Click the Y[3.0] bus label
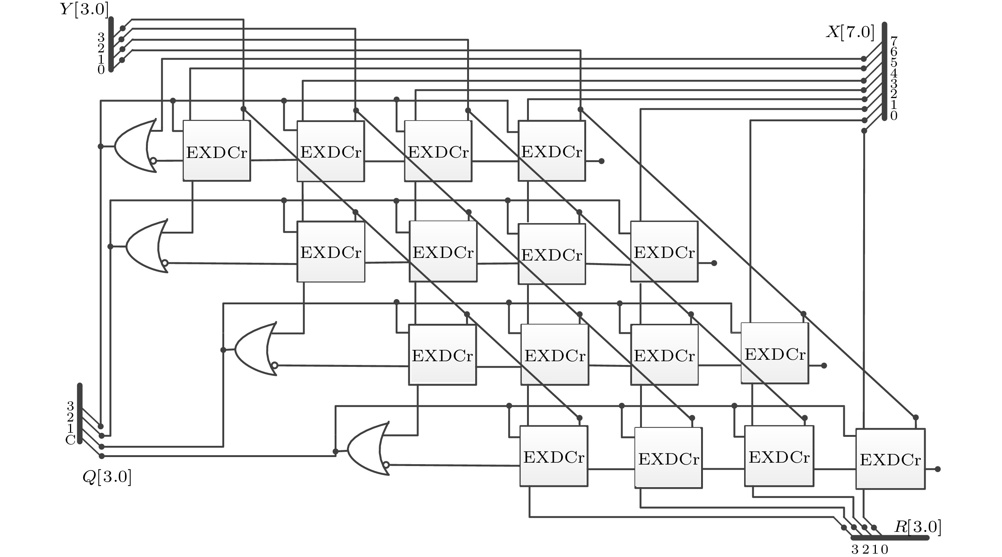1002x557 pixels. click(x=84, y=9)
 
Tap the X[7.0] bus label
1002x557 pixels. click(x=850, y=32)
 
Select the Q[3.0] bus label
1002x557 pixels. click(x=107, y=477)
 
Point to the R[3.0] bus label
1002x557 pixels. click(x=917, y=527)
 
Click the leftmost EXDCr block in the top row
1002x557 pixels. click(x=217, y=151)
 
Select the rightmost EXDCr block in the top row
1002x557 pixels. click(x=552, y=151)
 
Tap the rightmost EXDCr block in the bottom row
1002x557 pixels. click(x=890, y=459)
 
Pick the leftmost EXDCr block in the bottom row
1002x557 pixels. click(x=554, y=456)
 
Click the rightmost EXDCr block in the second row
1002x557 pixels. click(x=664, y=252)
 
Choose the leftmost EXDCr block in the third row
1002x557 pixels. click(x=442, y=355)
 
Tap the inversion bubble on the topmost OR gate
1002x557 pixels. click(x=153, y=161)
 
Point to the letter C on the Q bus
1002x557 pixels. click(x=70, y=440)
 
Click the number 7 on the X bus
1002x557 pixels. click(x=894, y=40)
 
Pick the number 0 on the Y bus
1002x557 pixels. click(x=101, y=70)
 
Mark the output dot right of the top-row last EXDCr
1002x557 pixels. click(x=601, y=161)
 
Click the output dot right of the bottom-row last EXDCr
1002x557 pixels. click(x=937, y=469)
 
